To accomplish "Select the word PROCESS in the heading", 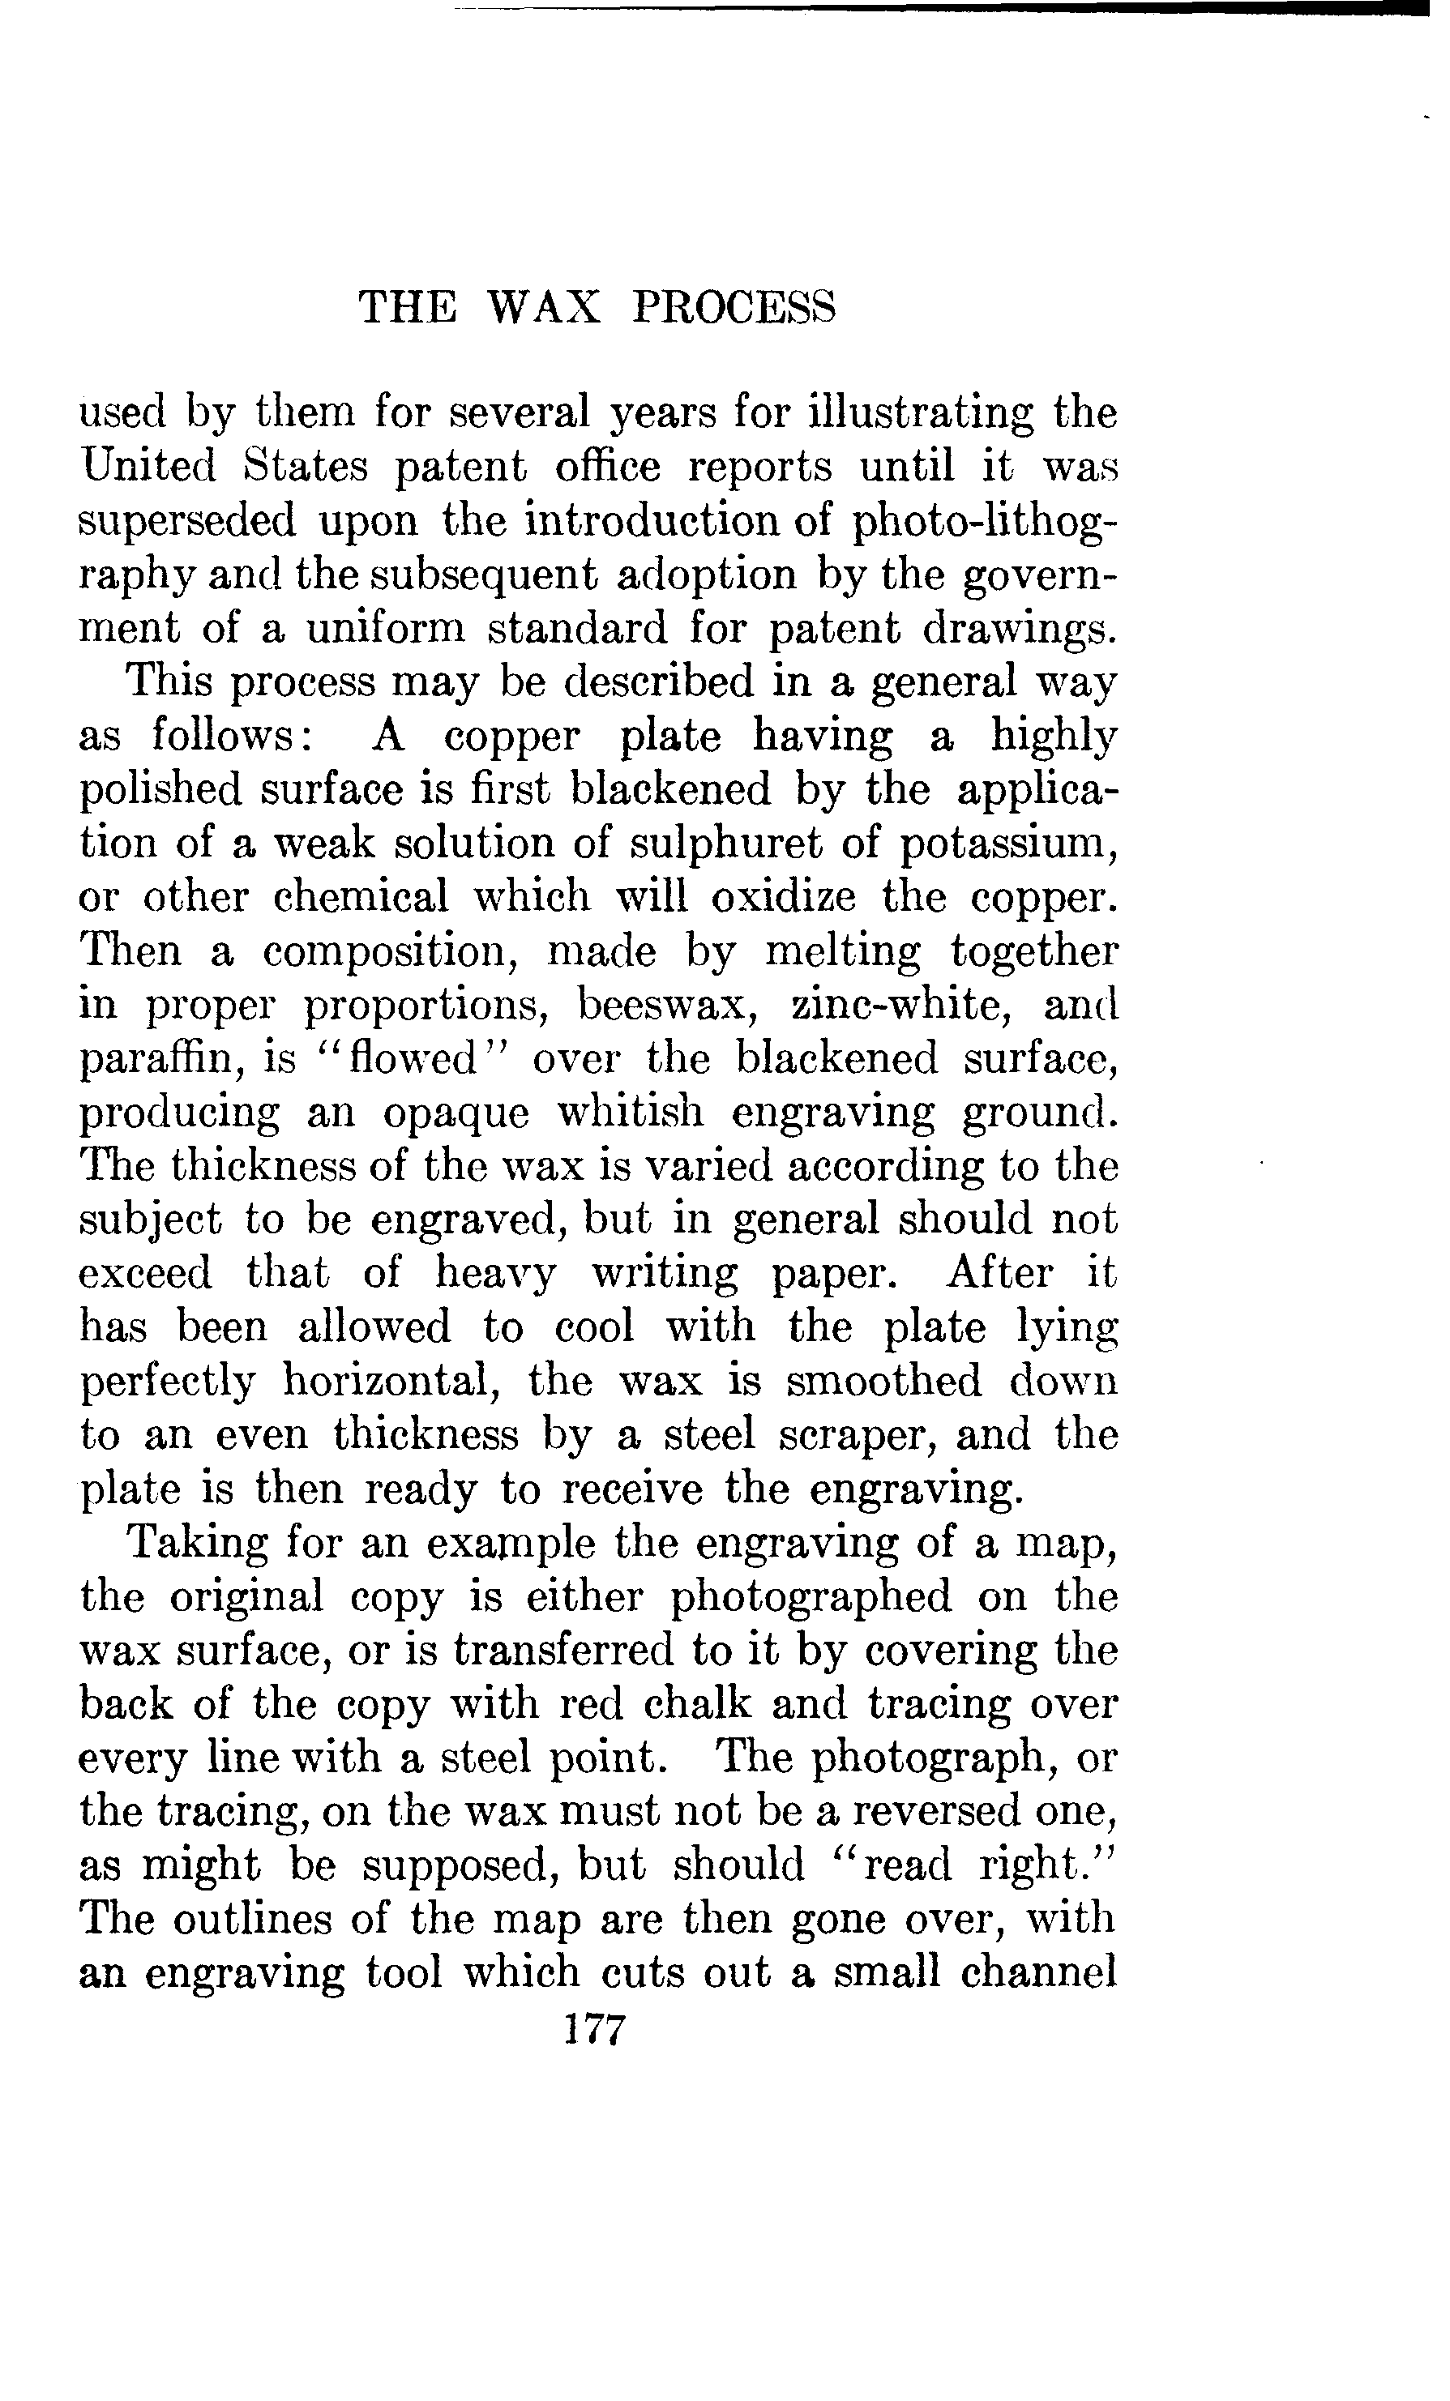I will click(733, 308).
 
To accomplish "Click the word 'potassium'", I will click(1007, 844).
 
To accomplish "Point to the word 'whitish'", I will click(620, 1111).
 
